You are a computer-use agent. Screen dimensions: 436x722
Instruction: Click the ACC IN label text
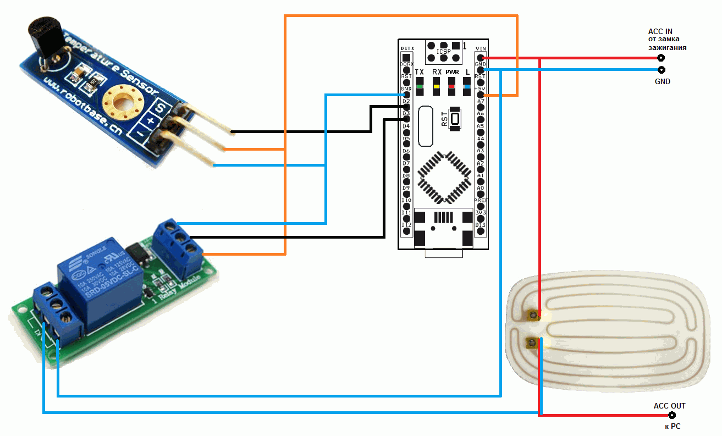(660, 31)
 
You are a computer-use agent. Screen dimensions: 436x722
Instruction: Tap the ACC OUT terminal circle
(671, 416)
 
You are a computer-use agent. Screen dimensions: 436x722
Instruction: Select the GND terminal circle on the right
(661, 70)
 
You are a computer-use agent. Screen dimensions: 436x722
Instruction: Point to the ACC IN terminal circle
(661, 57)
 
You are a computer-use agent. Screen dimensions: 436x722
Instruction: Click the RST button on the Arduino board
(455, 118)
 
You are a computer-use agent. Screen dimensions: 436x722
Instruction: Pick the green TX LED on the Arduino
(421, 86)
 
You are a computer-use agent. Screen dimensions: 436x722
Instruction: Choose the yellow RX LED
(437, 86)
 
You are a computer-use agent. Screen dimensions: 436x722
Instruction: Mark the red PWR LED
(452, 86)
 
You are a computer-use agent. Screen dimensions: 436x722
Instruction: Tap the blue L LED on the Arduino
(467, 86)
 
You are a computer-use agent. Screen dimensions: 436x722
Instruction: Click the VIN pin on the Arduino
(481, 58)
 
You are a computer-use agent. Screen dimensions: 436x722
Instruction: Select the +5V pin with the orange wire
(481, 95)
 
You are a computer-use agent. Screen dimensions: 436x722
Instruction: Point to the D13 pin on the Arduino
(481, 232)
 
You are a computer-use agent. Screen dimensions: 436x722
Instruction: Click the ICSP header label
(443, 52)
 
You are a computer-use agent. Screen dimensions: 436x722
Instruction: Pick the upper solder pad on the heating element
(532, 314)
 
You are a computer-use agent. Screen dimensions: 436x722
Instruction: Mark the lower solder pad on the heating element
(532, 343)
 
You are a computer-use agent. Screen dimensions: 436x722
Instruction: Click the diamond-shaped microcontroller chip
(445, 177)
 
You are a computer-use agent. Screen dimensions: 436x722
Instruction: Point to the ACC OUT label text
(669, 406)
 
